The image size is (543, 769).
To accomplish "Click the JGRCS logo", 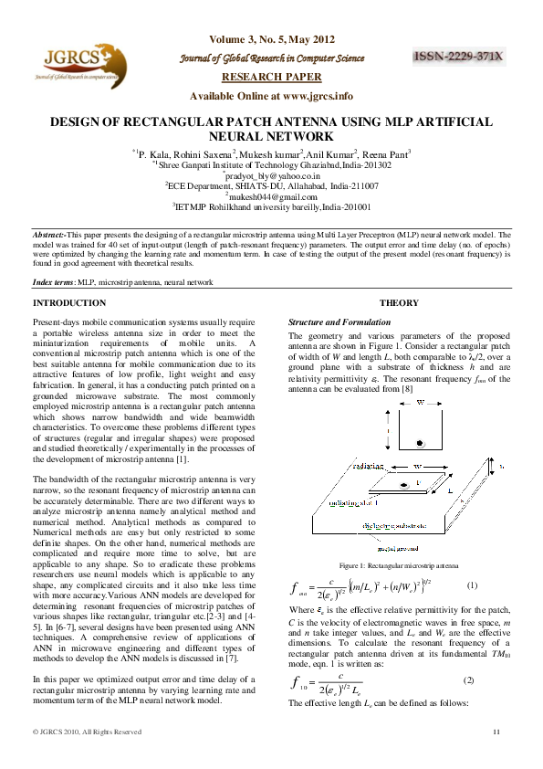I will (x=78, y=67).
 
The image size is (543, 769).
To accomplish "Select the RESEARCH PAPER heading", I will (x=271, y=77).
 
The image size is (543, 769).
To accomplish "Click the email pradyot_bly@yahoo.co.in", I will (x=271, y=174).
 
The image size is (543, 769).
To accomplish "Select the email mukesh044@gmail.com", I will (x=271, y=195).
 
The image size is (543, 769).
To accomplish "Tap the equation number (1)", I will (x=471, y=585).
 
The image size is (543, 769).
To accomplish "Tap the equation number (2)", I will (x=469, y=681).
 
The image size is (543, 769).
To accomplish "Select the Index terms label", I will (x=53, y=283).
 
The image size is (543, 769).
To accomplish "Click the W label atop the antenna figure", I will (x=420, y=402).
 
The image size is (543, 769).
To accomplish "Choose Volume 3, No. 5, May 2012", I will (x=271, y=40).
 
